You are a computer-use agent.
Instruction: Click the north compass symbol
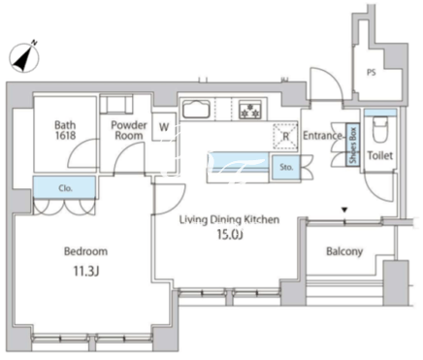pos(24,57)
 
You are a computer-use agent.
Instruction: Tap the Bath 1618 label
pos(65,130)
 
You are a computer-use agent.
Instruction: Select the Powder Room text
pos(129,130)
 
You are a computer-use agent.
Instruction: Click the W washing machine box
pos(164,127)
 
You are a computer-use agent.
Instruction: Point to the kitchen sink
pos(196,109)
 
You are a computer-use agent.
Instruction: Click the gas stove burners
pos(249,110)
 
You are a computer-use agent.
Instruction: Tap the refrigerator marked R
pos(285,137)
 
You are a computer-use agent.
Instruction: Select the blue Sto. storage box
pos(286,168)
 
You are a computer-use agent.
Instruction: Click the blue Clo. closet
pos(65,187)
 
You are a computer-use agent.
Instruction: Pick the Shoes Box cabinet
pos(353,145)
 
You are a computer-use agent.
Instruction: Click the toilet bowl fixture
pos(380,129)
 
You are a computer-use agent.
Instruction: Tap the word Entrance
pos(322,136)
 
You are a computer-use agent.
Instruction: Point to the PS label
pos(372,73)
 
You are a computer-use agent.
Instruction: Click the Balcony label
pos(344,251)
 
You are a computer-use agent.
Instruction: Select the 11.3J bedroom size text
pos(86,271)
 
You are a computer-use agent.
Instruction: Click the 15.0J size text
pos(230,235)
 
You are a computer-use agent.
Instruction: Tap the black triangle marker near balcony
pos(344,210)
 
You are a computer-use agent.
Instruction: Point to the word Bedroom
pos(85,251)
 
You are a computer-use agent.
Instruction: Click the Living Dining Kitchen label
pos(229,220)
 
